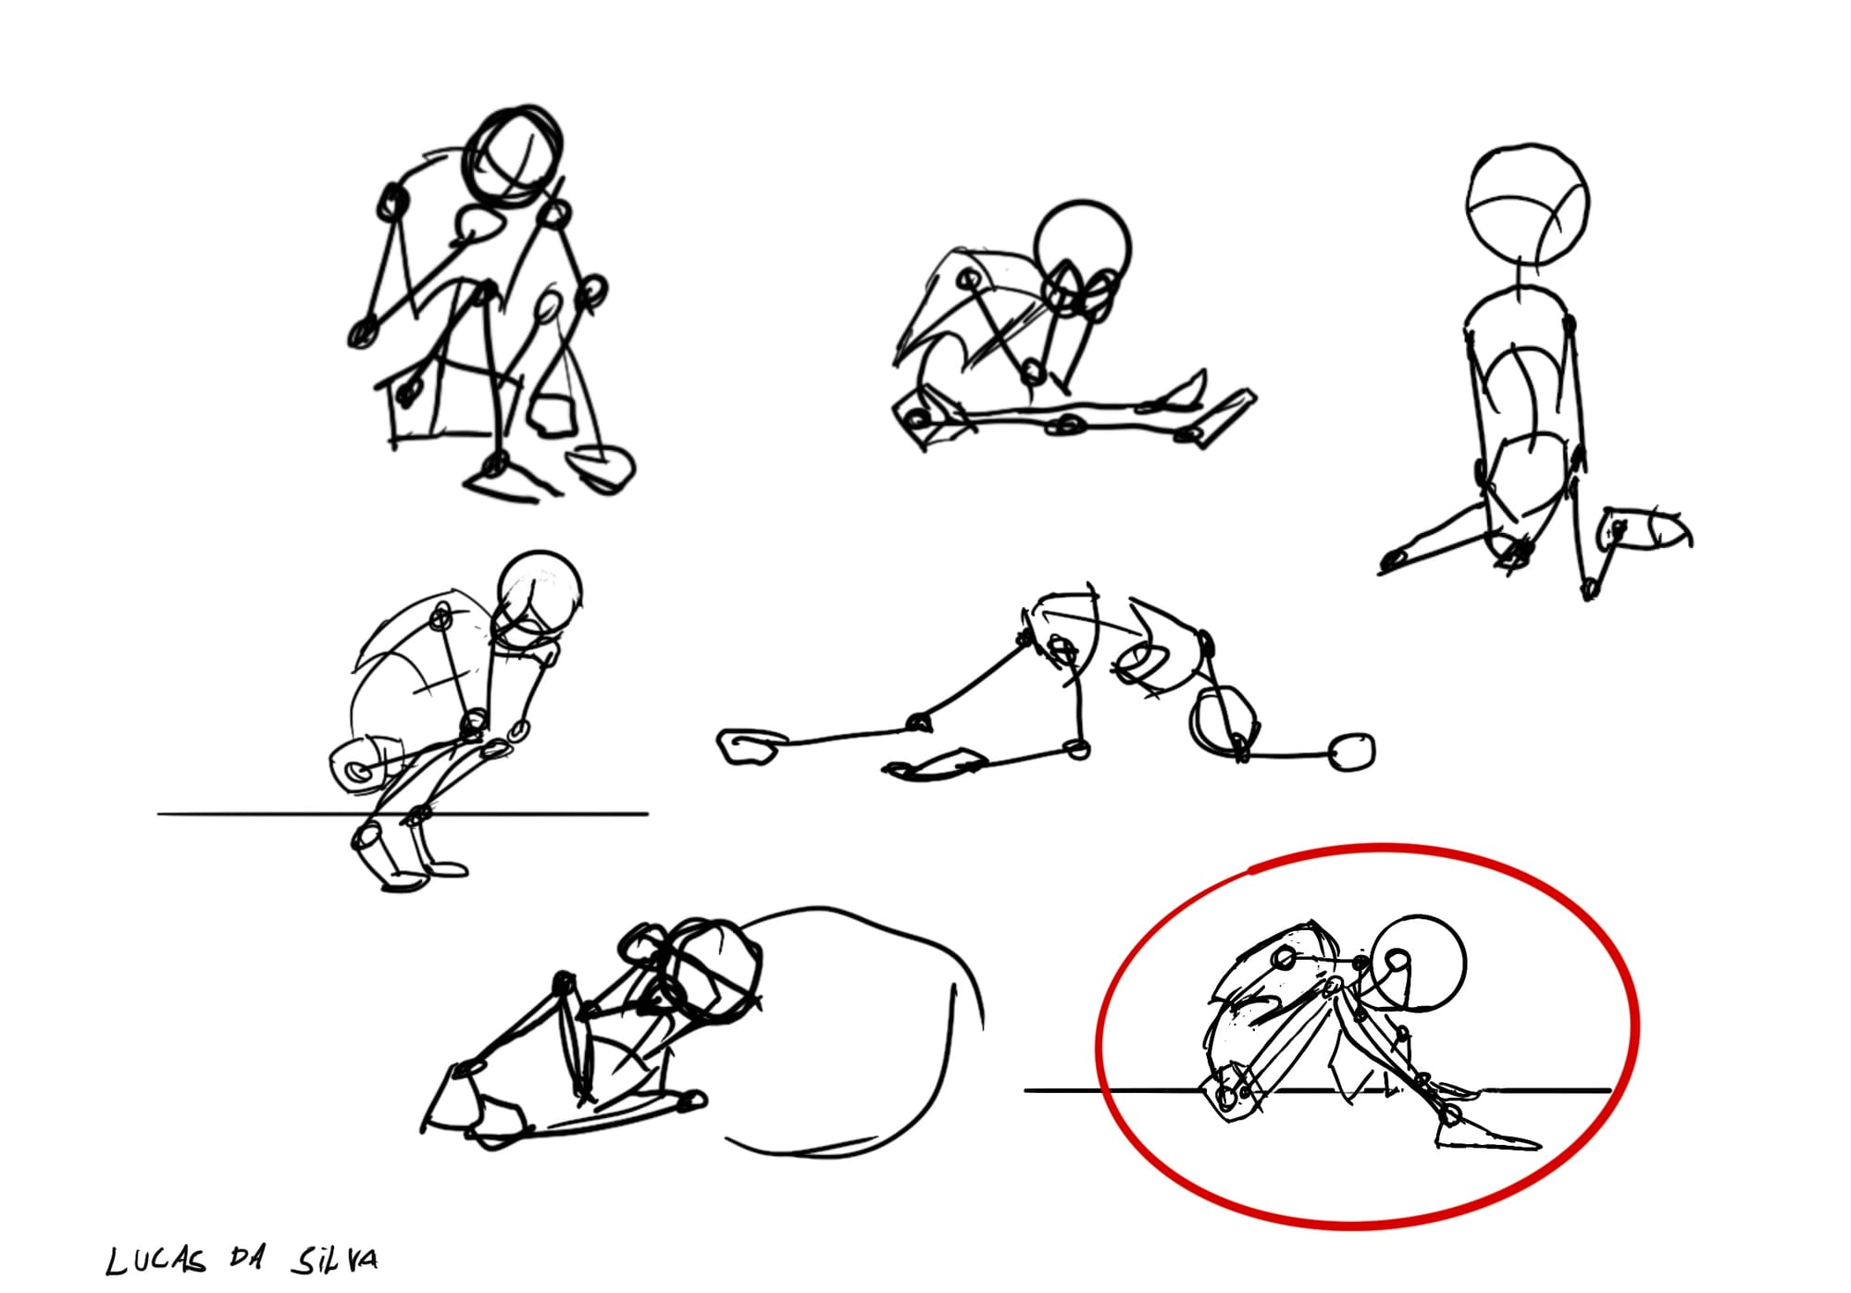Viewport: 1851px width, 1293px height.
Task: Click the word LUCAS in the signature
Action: pyautogui.click(x=156, y=1262)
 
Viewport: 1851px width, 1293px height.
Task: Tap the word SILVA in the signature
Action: pyautogui.click(x=334, y=1260)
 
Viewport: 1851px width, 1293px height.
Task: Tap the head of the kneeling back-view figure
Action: pyautogui.click(x=1527, y=204)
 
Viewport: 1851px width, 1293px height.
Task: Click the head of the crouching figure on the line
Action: pyautogui.click(x=540, y=593)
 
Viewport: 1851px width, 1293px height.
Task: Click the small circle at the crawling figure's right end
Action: pyautogui.click(x=1352, y=751)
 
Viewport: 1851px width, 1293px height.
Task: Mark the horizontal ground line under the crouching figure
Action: pyautogui.click(x=403, y=814)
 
